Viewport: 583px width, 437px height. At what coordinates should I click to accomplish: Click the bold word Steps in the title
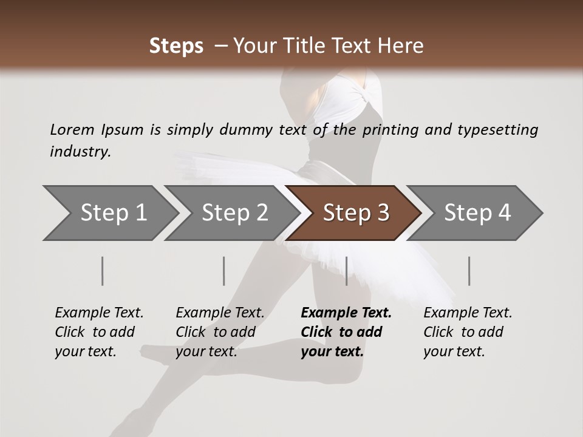pos(176,46)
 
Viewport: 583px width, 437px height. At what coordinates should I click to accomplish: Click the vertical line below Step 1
pos(103,271)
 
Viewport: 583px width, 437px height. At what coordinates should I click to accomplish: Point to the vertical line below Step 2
pos(224,271)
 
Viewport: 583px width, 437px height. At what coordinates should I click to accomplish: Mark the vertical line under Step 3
pos(346,271)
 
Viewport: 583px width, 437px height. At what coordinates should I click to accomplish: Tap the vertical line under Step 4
pos(469,271)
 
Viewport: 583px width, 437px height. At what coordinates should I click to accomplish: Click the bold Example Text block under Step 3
pos(346,332)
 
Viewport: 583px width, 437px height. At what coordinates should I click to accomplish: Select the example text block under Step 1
pos(98,332)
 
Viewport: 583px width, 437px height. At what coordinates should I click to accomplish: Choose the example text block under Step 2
pos(219,332)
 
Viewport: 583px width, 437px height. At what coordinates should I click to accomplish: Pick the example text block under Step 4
pos(467,332)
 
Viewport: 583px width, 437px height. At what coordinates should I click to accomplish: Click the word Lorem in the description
pos(72,129)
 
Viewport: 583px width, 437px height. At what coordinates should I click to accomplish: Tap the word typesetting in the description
pos(497,129)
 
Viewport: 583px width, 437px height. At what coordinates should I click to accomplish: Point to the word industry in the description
pos(80,152)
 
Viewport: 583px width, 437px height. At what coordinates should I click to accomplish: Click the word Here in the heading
pos(401,46)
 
